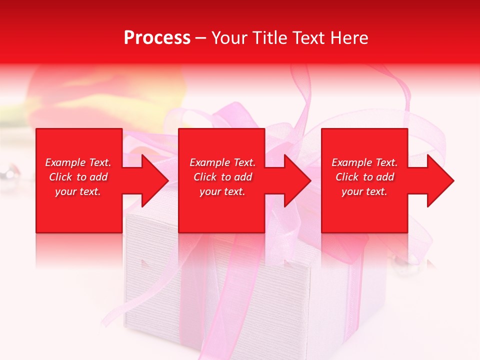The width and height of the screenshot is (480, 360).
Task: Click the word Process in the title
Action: click(157, 38)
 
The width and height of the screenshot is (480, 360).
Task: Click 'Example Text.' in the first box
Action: click(78, 162)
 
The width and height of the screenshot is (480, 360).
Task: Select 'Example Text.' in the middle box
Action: click(222, 162)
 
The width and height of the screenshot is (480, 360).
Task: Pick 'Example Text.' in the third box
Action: click(364, 162)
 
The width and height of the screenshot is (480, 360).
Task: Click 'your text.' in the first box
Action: click(78, 191)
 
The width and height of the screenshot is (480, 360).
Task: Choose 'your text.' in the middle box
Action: click(222, 191)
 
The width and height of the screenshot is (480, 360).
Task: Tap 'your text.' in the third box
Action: click(364, 191)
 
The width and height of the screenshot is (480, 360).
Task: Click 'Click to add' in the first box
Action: click(78, 177)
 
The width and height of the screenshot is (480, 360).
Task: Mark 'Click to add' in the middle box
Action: click(222, 177)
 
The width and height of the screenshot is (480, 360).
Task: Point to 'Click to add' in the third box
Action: click(364, 177)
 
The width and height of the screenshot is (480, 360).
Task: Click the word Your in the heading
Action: click(229, 38)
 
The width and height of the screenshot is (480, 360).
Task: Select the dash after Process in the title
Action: click(201, 38)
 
